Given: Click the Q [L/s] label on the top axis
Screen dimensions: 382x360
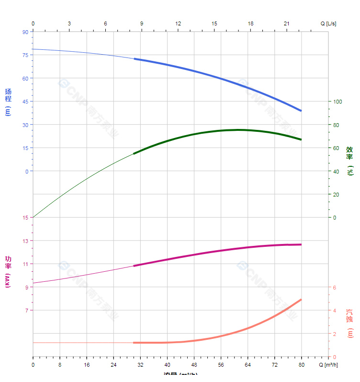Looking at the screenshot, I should [328, 23].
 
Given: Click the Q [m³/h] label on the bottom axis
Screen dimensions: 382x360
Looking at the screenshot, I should [328, 365].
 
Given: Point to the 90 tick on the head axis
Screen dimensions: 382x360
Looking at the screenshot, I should [25, 32].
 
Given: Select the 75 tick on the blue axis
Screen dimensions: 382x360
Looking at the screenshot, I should [25, 55].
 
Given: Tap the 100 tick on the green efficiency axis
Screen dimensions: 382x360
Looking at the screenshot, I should [337, 102].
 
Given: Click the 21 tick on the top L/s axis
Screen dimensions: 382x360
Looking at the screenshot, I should [287, 23].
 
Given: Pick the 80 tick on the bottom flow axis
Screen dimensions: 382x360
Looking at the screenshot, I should [302, 365].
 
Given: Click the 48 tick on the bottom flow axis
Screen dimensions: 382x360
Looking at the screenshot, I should [194, 365].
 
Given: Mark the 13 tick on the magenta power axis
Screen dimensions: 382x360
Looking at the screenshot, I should [25, 241].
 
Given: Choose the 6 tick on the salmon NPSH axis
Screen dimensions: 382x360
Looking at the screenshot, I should [335, 288].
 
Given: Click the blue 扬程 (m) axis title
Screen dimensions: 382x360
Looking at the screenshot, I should [8, 102].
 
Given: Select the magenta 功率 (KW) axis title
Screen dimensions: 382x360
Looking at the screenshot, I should [8, 271].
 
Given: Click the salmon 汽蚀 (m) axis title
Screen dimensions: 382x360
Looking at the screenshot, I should [350, 322].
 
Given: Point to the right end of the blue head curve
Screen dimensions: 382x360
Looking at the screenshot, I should [301, 111].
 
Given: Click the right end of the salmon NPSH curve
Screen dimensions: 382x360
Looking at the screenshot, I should [301, 300].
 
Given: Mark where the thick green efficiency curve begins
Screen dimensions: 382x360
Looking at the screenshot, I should [134, 153].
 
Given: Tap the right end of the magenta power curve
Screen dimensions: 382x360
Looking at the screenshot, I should [301, 244].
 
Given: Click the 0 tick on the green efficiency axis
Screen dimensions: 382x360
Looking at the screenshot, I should [335, 218].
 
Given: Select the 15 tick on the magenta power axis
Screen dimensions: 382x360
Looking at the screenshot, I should [25, 218].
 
